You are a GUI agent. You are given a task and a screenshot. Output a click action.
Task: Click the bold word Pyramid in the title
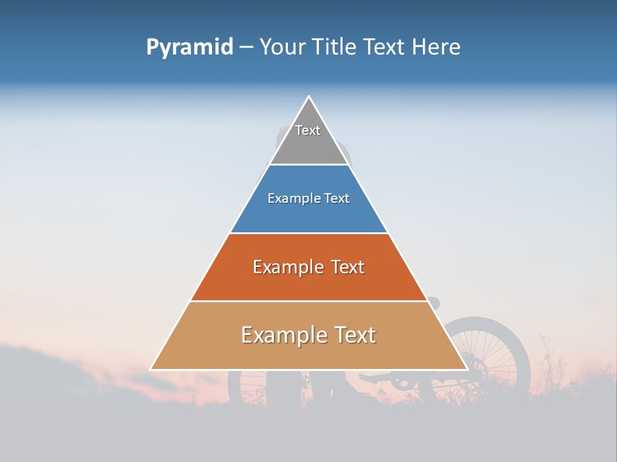coord(190,47)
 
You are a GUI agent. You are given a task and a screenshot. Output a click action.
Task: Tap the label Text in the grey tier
coord(308,130)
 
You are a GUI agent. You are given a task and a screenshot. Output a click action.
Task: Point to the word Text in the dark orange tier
coord(348,267)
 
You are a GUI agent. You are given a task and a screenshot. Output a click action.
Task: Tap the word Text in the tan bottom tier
coord(353,335)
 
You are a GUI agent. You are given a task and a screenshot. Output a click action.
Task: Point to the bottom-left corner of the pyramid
coord(151,369)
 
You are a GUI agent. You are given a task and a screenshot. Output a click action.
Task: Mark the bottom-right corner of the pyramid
coord(467,369)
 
